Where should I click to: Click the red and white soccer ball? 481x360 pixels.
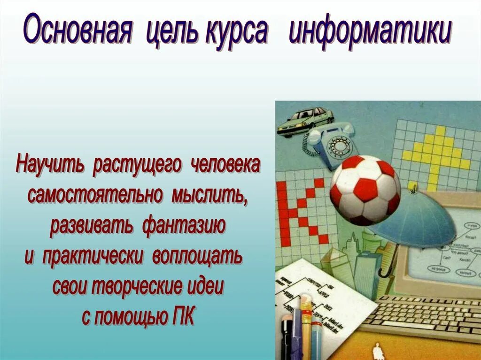(365, 190)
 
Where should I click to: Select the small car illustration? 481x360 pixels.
(305, 120)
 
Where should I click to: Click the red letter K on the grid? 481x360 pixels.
(301, 211)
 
